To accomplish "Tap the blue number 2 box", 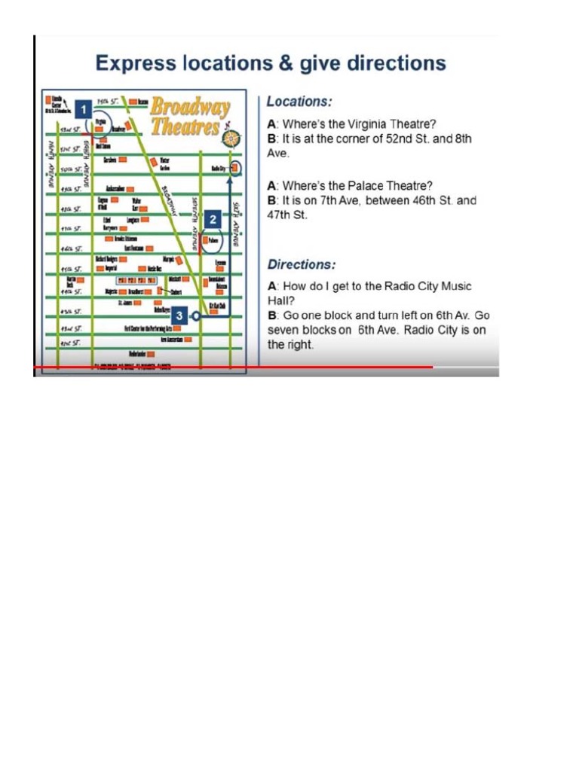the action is (213, 219).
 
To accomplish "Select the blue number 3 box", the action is (179, 315).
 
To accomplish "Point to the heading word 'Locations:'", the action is (299, 102).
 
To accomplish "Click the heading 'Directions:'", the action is (302, 265).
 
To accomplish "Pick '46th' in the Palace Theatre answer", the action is (424, 201).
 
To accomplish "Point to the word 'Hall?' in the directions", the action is (281, 300).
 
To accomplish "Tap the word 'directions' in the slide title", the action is (394, 62).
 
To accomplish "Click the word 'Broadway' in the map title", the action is (189, 107).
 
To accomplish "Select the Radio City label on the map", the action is (219, 168).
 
